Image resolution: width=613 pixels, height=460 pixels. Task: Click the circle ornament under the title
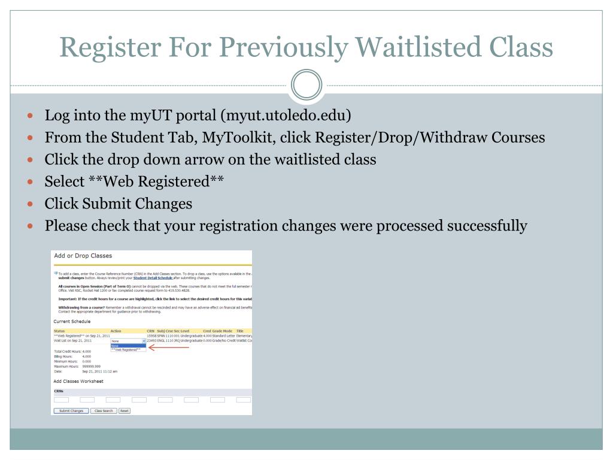click(x=306, y=85)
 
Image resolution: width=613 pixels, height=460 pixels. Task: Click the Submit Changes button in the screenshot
click(x=71, y=411)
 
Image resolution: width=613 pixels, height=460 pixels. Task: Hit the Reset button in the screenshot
click(x=125, y=411)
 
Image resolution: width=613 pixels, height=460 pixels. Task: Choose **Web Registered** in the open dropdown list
click(x=126, y=349)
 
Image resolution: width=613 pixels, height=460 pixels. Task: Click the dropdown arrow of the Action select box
click(x=144, y=341)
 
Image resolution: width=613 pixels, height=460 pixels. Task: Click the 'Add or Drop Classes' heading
click(x=83, y=256)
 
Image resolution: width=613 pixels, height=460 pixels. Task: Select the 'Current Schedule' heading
click(x=72, y=322)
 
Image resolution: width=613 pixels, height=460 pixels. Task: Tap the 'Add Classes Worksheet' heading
click(x=78, y=381)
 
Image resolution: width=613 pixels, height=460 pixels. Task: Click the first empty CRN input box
click(x=61, y=400)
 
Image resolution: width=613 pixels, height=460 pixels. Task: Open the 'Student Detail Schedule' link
click(x=153, y=278)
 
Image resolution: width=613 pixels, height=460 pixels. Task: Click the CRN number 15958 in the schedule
click(x=151, y=336)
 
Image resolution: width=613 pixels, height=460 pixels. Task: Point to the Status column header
click(x=59, y=331)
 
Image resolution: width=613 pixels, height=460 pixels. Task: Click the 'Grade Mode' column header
click(x=222, y=331)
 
